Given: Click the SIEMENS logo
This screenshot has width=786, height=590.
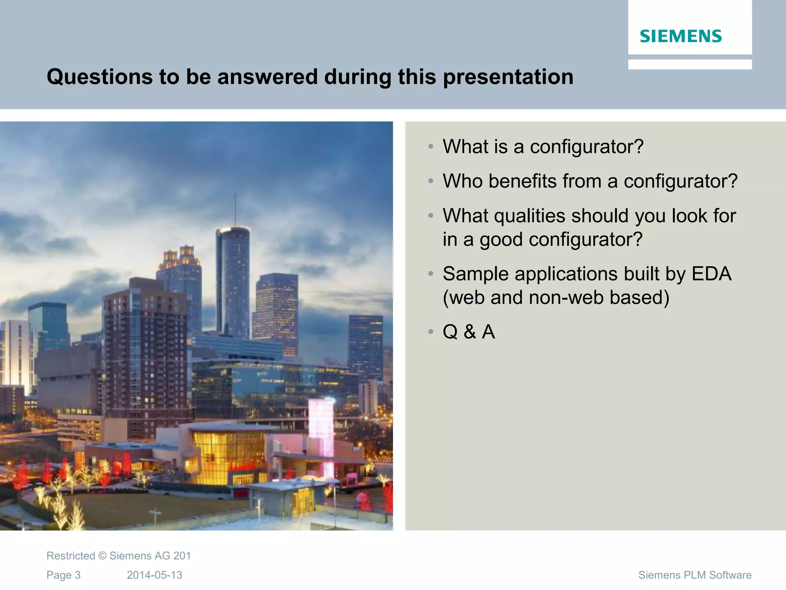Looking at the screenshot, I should tap(680, 36).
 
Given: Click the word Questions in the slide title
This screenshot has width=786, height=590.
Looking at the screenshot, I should tap(99, 76).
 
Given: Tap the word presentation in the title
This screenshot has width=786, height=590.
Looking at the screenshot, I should tap(508, 76).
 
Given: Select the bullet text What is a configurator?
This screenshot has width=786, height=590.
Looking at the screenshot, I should tap(543, 146).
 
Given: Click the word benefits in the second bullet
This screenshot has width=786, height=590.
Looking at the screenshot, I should tap(522, 181).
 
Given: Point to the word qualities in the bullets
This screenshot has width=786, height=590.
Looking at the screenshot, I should tap(529, 216).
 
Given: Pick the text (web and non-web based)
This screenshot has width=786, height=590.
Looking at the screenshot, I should tap(556, 297).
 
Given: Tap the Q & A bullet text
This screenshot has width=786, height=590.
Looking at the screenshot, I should tap(469, 331).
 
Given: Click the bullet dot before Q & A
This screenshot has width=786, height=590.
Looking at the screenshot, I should tap(431, 331).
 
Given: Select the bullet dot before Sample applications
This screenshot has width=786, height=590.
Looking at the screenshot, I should tap(431, 274).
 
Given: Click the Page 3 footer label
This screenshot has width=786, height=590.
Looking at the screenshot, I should tap(63, 575).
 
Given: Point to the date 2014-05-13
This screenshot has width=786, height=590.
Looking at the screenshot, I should tap(154, 575).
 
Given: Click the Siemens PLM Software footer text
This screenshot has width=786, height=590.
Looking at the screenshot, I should tap(695, 575).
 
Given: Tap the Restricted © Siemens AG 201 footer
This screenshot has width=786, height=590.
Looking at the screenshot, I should tap(119, 556).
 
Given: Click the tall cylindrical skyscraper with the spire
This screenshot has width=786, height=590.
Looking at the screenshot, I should tap(233, 280).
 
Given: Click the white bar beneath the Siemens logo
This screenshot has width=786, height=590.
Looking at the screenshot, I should tap(690, 64).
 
